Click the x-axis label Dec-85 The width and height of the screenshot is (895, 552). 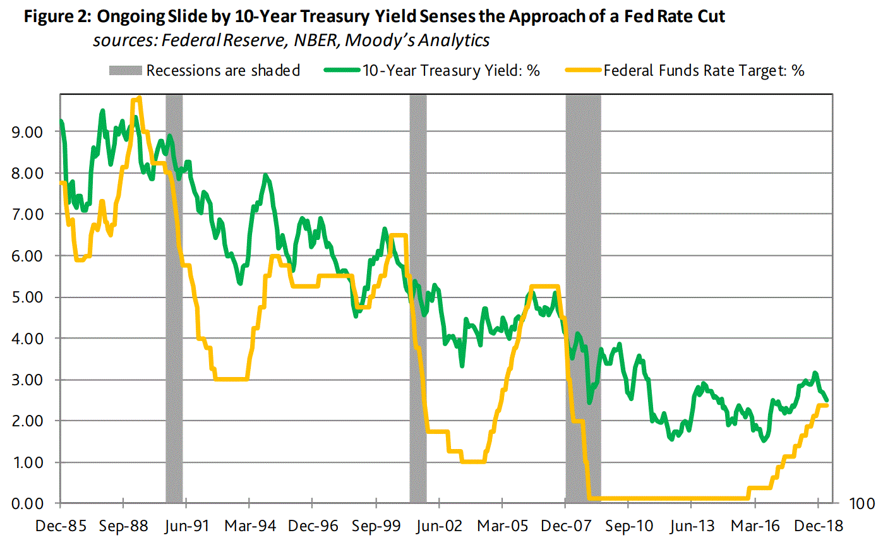(61, 526)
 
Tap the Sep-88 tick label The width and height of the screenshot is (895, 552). (124, 526)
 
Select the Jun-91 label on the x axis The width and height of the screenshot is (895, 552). (186, 526)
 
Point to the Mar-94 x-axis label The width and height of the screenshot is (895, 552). (250, 526)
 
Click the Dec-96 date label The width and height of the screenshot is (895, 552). (313, 526)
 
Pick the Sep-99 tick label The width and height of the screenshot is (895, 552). (376, 526)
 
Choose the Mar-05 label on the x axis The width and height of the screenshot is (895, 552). (503, 526)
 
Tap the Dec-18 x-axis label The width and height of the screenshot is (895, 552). (819, 526)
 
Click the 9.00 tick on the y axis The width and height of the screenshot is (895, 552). (27, 132)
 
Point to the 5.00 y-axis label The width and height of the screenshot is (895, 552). (27, 297)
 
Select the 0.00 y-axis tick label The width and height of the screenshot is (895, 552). (27, 504)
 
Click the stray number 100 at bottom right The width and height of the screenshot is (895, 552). (862, 504)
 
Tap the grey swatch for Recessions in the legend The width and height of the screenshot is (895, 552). (125, 71)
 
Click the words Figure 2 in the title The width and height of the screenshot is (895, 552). (57, 16)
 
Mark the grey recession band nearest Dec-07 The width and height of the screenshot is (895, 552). (583, 297)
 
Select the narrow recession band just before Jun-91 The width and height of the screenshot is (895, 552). (174, 297)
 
